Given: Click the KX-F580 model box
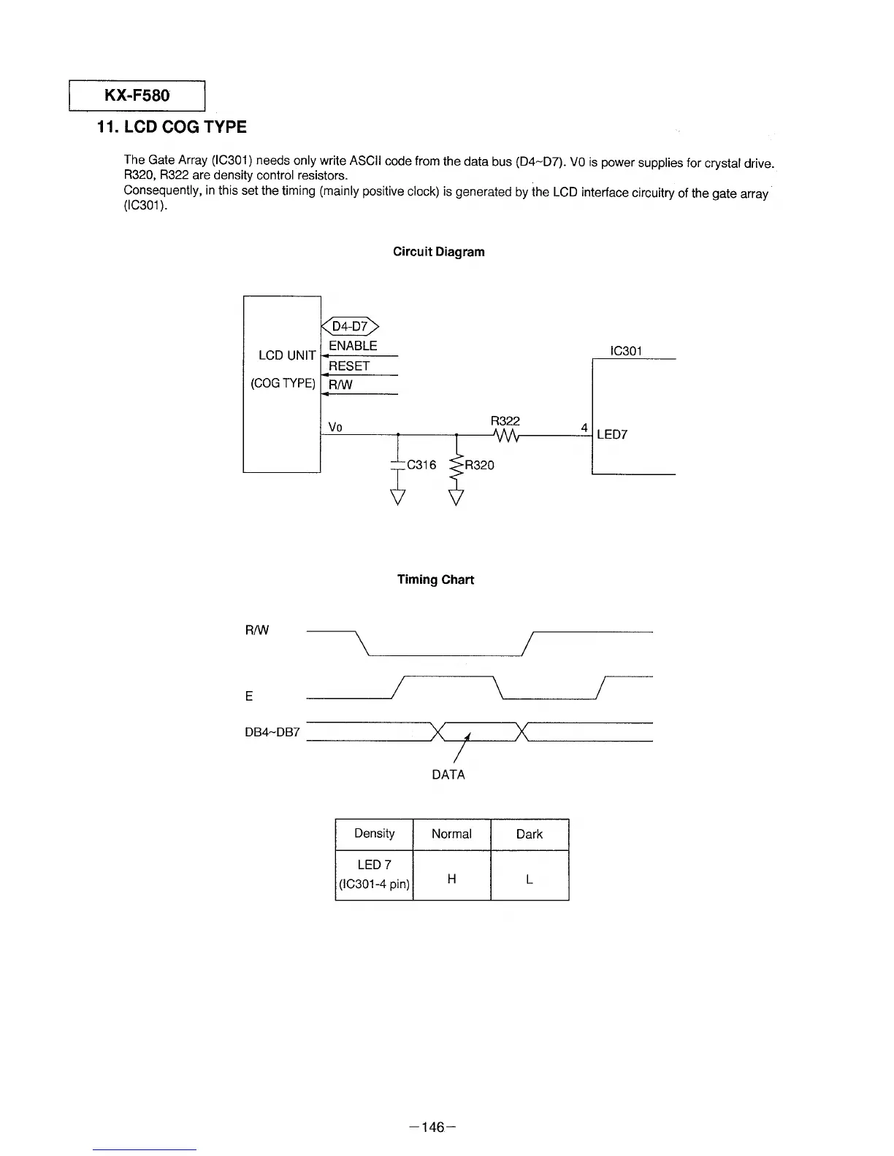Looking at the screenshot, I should click(137, 96).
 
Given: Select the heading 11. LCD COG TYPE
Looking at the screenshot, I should click(172, 127).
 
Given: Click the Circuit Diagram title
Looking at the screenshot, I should click(438, 252).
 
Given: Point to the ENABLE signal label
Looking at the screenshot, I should click(353, 346).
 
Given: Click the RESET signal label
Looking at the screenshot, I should click(349, 366).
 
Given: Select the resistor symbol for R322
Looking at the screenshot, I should click(505, 435).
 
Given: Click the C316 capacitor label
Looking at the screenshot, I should click(421, 465).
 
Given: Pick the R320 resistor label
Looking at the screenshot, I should click(479, 465).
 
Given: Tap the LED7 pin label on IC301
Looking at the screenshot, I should click(612, 435).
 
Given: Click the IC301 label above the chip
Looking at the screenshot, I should click(626, 351).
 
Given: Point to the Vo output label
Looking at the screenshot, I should click(335, 428).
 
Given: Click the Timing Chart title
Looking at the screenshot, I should click(435, 579).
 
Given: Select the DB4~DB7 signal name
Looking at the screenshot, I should click(272, 732).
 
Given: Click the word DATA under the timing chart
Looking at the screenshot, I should click(448, 774).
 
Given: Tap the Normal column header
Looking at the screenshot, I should click(451, 834).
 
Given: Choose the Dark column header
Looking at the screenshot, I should click(530, 834).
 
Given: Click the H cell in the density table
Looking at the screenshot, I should click(451, 879).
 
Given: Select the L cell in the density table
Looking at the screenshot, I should click(530, 879).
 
